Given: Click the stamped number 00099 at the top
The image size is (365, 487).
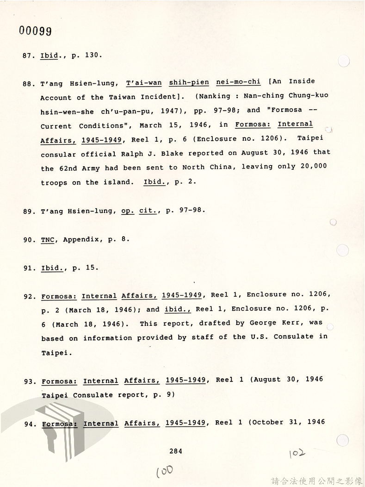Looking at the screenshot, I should tap(35, 31).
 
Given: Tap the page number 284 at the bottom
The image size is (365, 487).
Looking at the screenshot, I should tap(176, 451).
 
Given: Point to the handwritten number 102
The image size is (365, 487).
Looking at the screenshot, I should tap(297, 452).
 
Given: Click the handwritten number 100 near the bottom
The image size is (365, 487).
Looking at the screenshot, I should tap(165, 471).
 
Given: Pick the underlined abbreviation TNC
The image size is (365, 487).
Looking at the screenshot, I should tap(48, 240).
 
